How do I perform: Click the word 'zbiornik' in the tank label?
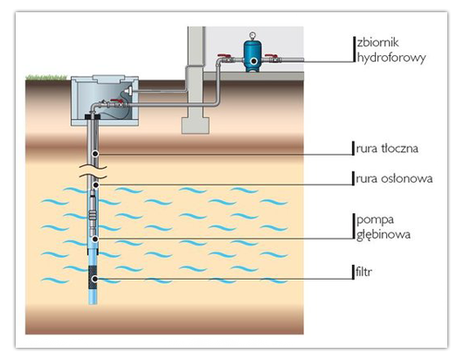[378, 43]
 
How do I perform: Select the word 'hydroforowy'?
[391, 58]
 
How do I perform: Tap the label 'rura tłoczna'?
[387, 149]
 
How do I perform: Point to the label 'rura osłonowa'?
[394, 178]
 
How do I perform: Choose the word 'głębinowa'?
[384, 235]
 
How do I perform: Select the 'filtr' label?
[363, 272]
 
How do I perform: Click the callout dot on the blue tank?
[253, 61]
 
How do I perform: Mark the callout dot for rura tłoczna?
[95, 154]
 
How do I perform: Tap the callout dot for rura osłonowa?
[95, 185]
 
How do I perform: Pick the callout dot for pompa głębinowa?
[95, 239]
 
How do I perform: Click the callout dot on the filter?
[95, 279]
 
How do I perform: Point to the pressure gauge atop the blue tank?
[252, 35]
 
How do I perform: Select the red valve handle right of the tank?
[271, 56]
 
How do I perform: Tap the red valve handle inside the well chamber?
[116, 101]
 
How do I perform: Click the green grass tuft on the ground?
[46, 78]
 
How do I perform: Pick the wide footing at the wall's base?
[195, 126]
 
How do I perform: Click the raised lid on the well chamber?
[107, 79]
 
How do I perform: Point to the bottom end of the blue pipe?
[93, 303]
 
